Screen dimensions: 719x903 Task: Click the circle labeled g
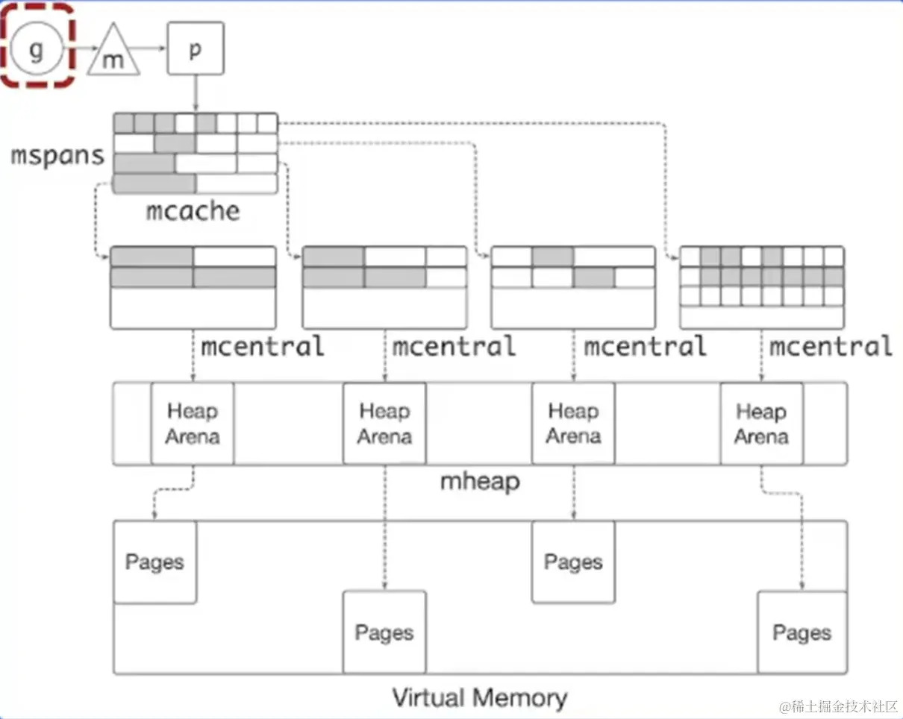pos(36,50)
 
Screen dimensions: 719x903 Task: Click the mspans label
pos(57,156)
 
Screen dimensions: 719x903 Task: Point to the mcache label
pos(193,211)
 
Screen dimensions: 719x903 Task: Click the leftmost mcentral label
pos(262,346)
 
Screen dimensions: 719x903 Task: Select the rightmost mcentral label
pos(830,346)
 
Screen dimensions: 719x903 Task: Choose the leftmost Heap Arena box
pos(193,424)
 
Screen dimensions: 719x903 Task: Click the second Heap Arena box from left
pos(384,424)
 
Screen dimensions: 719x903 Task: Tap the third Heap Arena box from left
pos(573,424)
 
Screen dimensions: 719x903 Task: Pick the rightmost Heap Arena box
pos(761,424)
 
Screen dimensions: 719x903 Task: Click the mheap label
pos(479,481)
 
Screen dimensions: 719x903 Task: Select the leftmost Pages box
pos(154,562)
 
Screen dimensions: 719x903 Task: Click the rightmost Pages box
pos(802,632)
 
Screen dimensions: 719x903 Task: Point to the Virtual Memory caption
pos(479,698)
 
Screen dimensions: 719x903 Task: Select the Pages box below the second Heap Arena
pos(384,632)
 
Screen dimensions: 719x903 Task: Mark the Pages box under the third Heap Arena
pos(573,562)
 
